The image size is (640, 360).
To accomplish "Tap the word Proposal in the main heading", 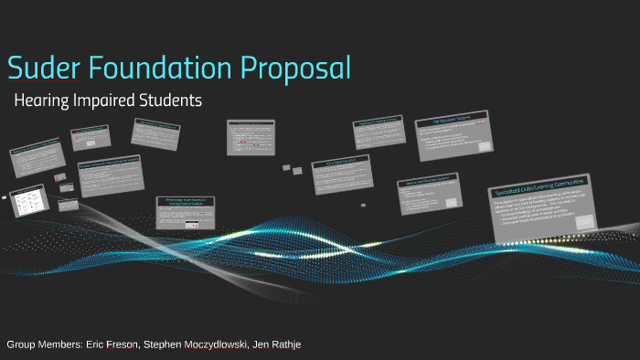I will click(x=297, y=68).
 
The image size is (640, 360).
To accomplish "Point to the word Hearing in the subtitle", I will click(x=44, y=100).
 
